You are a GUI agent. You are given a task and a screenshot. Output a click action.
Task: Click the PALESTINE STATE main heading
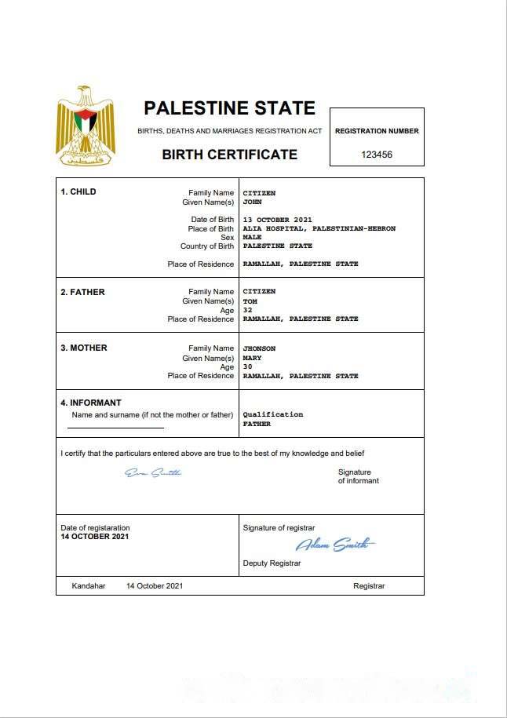point(229,108)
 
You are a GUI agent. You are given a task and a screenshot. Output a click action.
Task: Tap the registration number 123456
point(377,155)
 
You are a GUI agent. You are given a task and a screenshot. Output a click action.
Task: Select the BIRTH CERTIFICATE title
point(229,155)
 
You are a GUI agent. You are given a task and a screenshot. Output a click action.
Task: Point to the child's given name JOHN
point(252,202)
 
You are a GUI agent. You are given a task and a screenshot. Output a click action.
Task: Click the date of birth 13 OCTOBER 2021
point(278,220)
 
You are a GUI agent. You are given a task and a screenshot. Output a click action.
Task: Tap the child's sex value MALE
point(253,237)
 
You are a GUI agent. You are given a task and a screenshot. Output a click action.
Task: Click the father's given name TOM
point(250,301)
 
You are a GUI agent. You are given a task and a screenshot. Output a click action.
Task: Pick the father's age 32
point(248,310)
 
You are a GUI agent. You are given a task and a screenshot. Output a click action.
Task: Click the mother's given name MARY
point(252,358)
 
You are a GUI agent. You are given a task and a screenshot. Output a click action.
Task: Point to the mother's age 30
point(248,366)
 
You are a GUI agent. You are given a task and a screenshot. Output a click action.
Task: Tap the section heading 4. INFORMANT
point(91,403)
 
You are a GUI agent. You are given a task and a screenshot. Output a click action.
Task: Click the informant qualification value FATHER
point(257,424)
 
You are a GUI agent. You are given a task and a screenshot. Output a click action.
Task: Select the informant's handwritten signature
point(154,472)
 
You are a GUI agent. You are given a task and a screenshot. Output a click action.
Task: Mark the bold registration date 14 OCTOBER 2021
point(95,537)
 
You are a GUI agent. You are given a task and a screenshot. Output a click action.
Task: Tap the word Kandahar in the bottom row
point(89,586)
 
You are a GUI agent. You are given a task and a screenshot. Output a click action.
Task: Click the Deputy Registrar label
point(272,563)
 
